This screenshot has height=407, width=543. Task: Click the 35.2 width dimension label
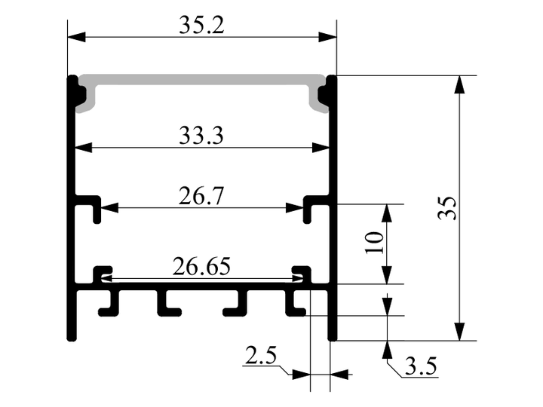click(201, 26)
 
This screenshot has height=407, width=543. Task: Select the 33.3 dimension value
click(201, 136)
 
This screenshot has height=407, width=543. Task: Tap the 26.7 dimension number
click(201, 196)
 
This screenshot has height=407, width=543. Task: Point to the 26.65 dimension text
click(201, 266)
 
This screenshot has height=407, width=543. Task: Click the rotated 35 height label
click(447, 208)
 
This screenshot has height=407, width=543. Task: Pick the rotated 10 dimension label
click(374, 243)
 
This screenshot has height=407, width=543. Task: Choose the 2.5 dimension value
click(261, 356)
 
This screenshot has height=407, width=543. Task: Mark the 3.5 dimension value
click(421, 366)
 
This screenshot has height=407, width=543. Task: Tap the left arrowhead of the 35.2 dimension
click(76, 37)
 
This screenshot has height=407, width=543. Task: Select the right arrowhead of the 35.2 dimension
click(327, 37)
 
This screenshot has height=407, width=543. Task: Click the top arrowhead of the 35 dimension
click(459, 84)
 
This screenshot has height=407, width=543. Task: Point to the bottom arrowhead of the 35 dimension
click(459, 332)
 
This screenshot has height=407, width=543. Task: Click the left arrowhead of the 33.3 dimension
click(84, 148)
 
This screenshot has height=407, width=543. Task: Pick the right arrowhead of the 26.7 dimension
click(294, 208)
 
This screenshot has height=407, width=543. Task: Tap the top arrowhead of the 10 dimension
click(387, 213)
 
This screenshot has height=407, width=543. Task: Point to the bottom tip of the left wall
click(72, 340)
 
